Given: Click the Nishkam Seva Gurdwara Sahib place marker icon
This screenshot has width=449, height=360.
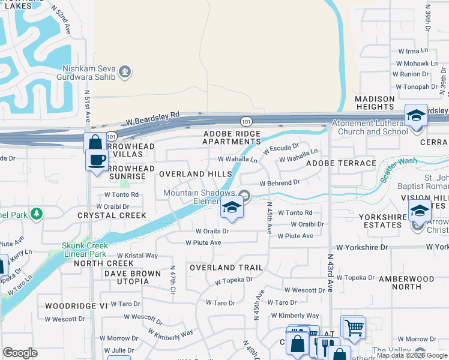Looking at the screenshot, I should coord(125,72).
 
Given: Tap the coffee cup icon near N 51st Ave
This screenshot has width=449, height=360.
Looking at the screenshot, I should coord(96,160).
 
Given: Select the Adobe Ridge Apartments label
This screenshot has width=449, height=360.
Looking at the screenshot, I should coord(232,137).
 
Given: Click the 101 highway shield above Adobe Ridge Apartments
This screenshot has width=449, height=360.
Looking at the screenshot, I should coord(247,121).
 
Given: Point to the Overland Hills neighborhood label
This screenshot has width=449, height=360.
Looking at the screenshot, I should coord(195,173).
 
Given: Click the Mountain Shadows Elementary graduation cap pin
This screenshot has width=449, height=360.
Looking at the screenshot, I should coord(232,208).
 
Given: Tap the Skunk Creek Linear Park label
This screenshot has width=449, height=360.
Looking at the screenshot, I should coord(85,249).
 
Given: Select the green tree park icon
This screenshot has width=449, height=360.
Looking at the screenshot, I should coord(37,213).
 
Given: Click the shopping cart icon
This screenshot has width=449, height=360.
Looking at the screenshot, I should coord(354,328).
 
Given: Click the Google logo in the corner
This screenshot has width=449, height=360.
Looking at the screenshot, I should coord(20,353).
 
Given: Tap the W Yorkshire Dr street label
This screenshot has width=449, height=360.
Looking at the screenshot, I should coord(362,247).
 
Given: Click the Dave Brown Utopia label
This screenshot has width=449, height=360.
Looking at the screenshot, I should coord(133,277).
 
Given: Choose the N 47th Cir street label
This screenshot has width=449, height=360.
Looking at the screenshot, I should coord(172,280).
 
